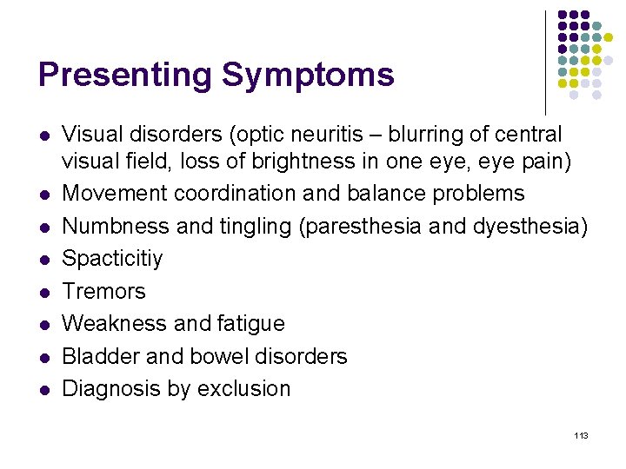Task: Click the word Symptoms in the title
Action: (308, 76)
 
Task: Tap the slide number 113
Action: (582, 434)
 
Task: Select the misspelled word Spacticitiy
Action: (112, 259)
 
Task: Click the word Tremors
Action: (103, 291)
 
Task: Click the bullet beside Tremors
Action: (43, 292)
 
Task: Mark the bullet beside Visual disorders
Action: (43, 136)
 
